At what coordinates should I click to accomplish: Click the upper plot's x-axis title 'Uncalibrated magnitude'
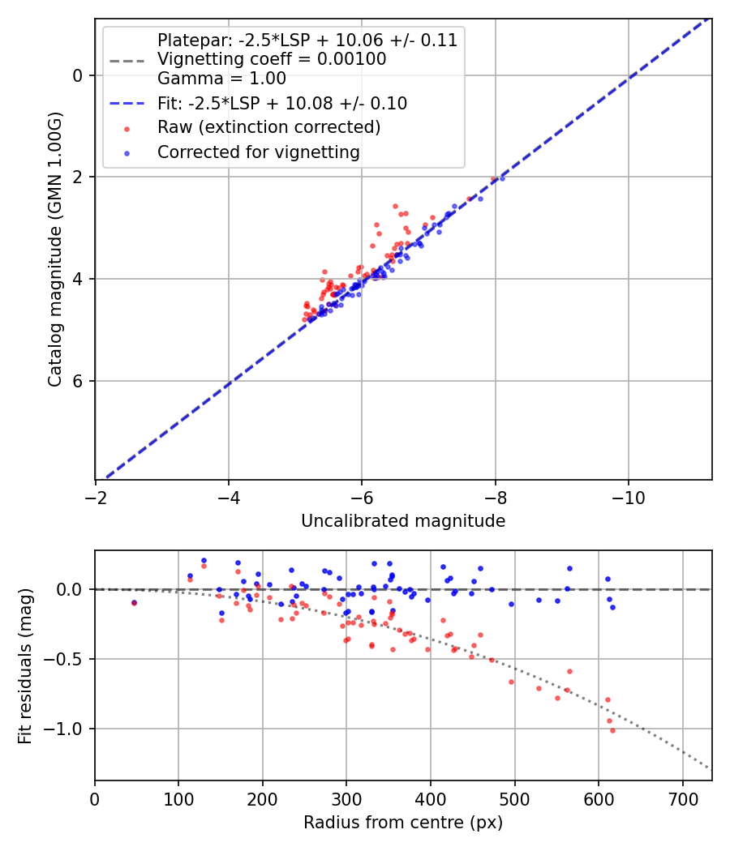(x=403, y=521)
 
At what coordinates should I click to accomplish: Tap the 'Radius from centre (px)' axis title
(x=403, y=823)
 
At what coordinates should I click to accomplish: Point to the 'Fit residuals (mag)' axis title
(x=25, y=666)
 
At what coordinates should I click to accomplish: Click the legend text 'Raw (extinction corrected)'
(x=268, y=127)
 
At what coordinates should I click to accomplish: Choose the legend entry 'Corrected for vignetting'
(x=259, y=152)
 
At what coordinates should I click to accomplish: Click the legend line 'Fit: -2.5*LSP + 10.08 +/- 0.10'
(x=282, y=104)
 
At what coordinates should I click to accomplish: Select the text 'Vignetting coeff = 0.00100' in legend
(x=272, y=59)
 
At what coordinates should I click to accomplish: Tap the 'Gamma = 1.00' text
(x=221, y=79)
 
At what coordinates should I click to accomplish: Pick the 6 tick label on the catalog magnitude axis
(x=79, y=381)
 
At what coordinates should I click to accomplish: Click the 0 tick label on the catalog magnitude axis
(x=79, y=75)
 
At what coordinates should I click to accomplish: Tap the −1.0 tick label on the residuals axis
(x=67, y=729)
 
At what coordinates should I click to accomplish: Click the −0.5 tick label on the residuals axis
(x=67, y=659)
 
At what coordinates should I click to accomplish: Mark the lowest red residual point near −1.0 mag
(x=612, y=730)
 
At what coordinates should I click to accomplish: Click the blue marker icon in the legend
(x=126, y=152)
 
